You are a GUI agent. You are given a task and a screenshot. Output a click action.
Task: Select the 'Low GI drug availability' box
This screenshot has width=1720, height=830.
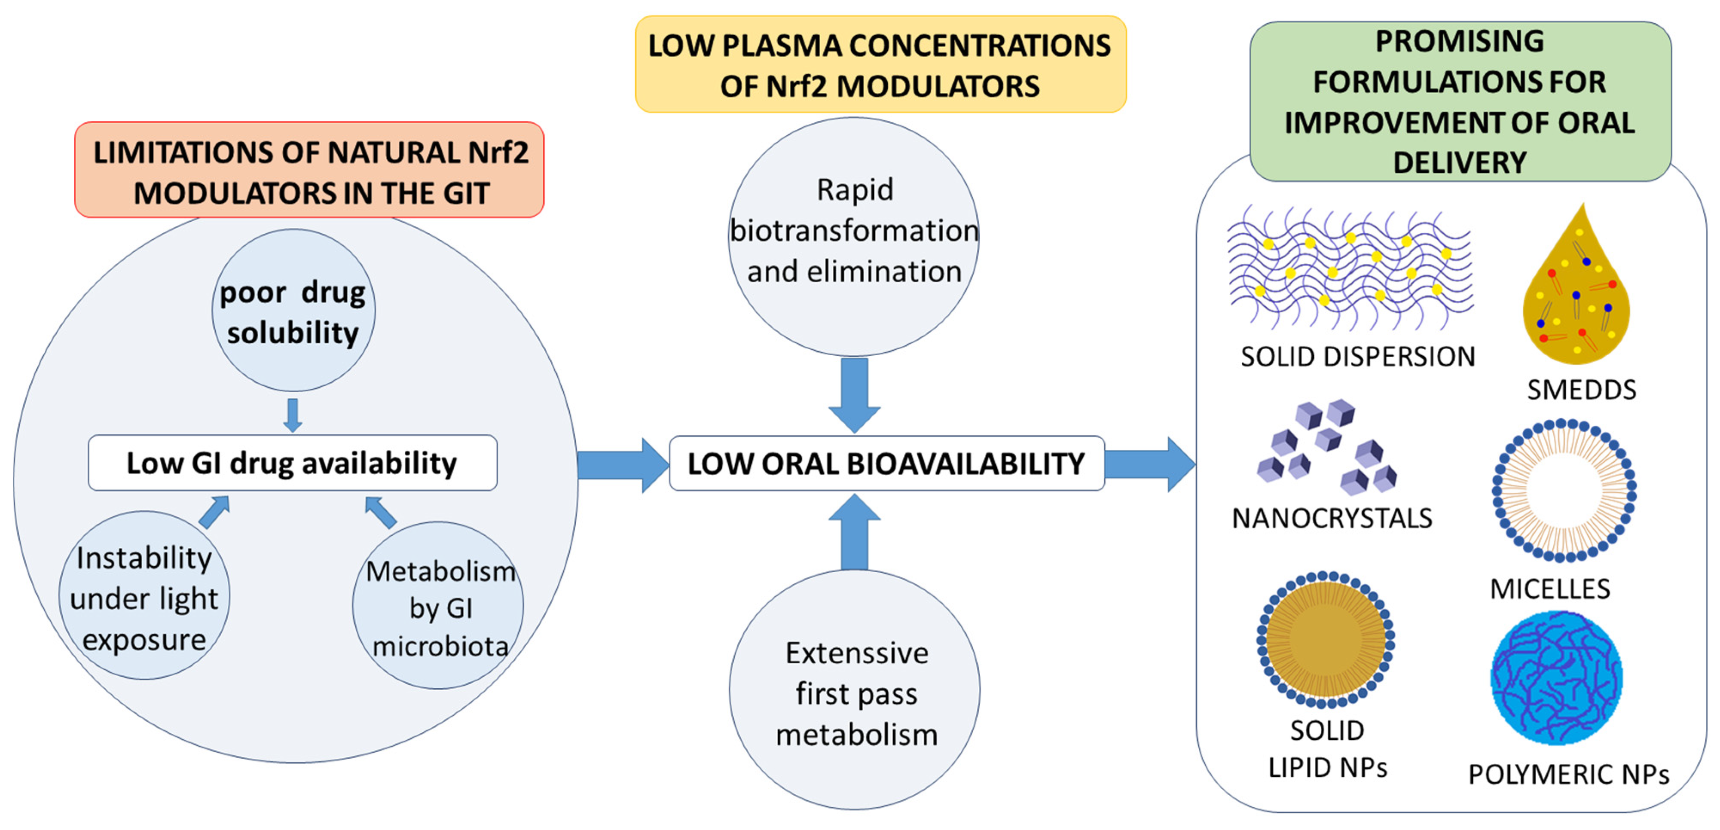293,463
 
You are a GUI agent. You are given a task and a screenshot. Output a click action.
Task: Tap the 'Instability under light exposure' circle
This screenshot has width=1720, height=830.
144,595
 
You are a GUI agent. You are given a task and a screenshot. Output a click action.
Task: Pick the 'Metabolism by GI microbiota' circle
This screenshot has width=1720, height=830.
438,606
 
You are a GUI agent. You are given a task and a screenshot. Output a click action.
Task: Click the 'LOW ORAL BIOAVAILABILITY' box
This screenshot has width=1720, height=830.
887,464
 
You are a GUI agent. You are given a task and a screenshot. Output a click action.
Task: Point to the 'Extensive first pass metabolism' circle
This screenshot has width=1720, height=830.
855,690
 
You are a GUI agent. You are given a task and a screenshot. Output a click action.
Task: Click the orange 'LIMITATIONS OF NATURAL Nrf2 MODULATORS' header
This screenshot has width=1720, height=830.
309,170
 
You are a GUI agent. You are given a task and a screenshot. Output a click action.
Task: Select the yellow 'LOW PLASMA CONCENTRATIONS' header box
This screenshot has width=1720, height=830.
881,64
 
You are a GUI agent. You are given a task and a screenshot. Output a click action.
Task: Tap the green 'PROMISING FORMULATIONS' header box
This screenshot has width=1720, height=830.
1460,101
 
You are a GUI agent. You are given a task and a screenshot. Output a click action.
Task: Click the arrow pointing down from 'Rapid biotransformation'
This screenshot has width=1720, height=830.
855,395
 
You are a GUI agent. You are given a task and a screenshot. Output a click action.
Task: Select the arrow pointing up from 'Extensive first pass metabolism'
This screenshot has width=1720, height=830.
855,531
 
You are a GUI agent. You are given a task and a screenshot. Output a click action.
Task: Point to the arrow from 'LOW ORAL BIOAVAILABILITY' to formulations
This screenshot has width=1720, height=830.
1150,464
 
